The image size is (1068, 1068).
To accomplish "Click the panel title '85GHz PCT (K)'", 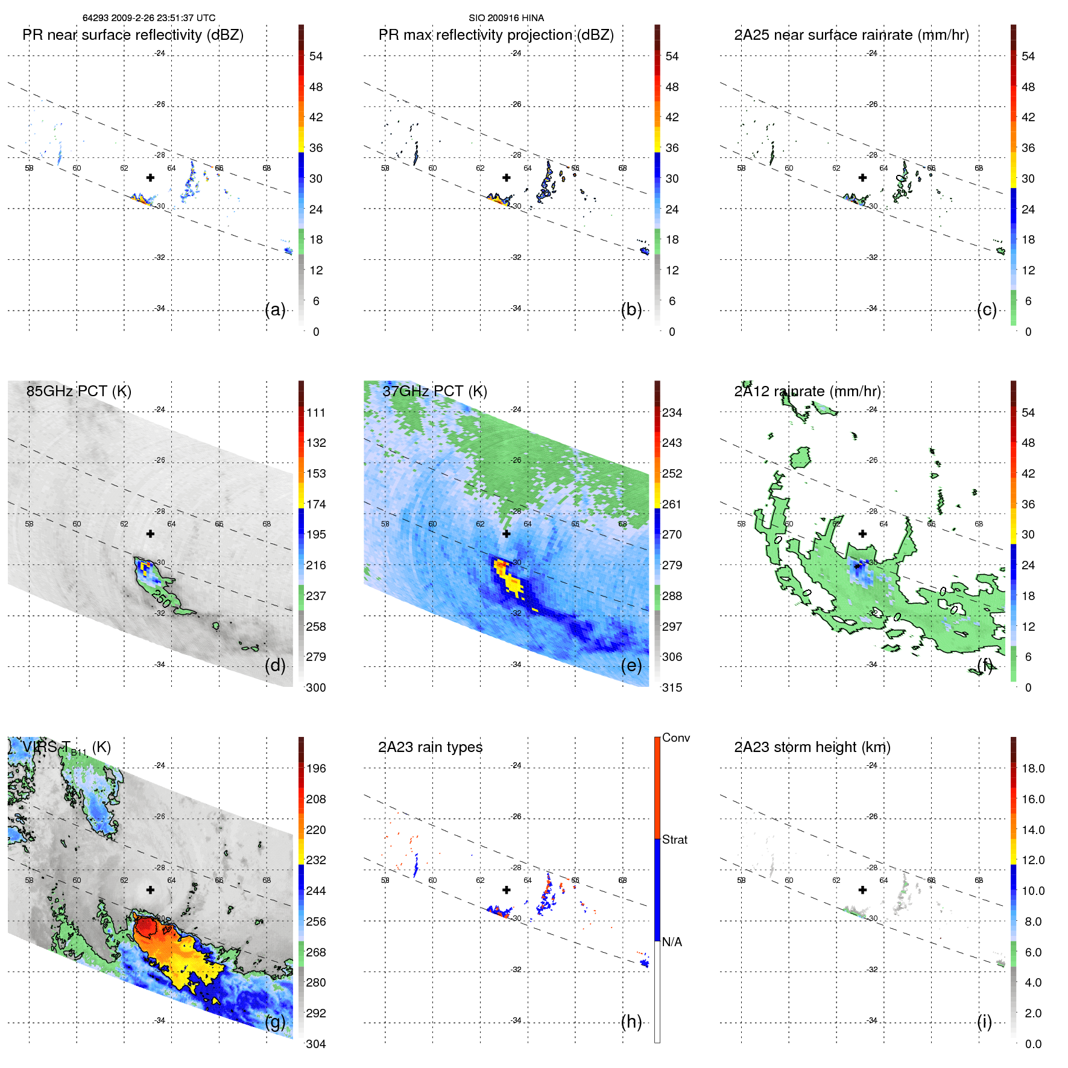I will tap(78, 391).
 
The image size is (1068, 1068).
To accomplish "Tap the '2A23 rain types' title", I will tap(430, 747).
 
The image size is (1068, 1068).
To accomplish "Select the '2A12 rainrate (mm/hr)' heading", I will tap(807, 391).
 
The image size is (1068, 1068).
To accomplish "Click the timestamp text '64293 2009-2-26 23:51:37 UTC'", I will tap(149, 18).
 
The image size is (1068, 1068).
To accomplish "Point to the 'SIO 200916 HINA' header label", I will tap(506, 18).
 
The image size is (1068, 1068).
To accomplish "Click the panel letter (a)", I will tap(275, 310).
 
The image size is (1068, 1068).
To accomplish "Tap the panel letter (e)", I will tap(631, 666).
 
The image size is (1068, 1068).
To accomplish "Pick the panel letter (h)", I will tap(631, 1022).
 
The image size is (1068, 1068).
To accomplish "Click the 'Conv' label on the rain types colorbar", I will tap(675, 738).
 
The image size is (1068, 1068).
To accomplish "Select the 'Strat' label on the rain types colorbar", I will tap(675, 839).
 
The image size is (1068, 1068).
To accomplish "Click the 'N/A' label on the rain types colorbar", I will tap(672, 942).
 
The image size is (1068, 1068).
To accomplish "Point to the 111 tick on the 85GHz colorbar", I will tap(316, 412).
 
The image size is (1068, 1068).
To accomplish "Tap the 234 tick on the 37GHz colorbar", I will tap(672, 412).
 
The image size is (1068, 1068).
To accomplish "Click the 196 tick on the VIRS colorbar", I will tap(316, 768).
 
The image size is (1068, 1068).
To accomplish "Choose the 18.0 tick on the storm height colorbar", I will tap(1033, 768).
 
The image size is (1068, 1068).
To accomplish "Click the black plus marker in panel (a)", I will tap(150, 177).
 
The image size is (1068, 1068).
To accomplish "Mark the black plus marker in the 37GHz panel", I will tap(507, 534).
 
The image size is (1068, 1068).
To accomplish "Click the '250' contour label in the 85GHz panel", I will tap(162, 598).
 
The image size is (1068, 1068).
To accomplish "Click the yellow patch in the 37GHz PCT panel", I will tap(513, 583).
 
